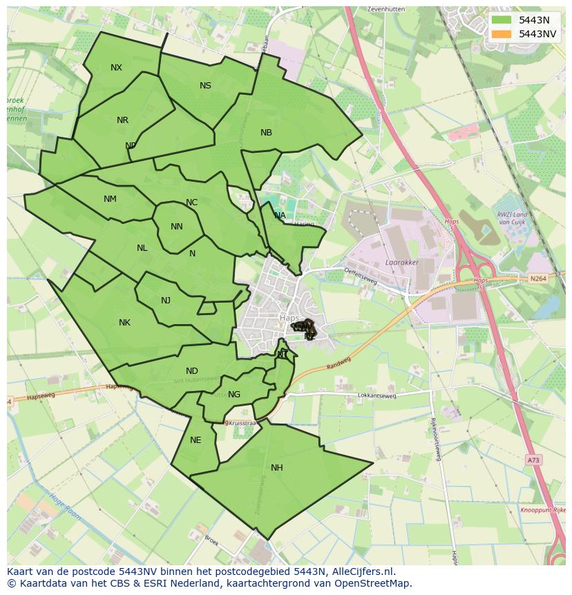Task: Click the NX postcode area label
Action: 116,68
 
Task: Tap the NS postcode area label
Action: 205,86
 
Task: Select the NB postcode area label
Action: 266,133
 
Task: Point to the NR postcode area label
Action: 122,120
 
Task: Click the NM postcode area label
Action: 110,199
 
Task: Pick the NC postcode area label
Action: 191,202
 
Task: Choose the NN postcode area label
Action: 176,227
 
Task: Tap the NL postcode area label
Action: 142,248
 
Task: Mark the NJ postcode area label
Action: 166,301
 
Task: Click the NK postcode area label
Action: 124,323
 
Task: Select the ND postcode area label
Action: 191,371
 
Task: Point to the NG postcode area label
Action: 234,395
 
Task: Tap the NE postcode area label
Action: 196,440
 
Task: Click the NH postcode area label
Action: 276,468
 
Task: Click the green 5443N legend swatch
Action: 502,20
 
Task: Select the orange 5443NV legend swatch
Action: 502,34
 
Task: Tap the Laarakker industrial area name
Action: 403,263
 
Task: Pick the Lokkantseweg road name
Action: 376,396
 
